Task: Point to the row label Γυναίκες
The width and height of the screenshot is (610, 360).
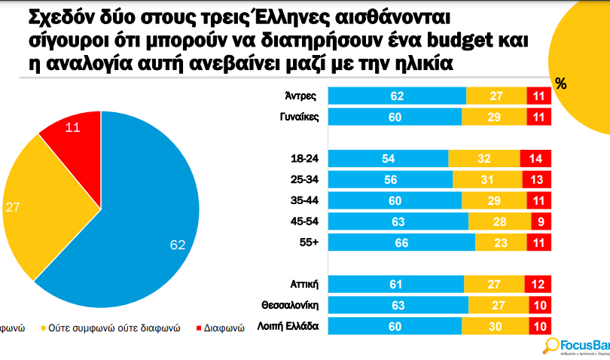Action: pyautogui.click(x=299, y=117)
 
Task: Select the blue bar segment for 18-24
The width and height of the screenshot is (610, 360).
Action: pyautogui.click(x=389, y=159)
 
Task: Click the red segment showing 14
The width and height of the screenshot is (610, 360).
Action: pyautogui.click(x=535, y=159)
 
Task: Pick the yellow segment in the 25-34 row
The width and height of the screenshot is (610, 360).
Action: pyautogui.click(x=487, y=180)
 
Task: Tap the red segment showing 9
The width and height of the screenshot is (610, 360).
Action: pyautogui.click(x=539, y=221)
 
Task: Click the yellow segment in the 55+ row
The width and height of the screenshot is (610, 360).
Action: pyautogui.click(x=501, y=243)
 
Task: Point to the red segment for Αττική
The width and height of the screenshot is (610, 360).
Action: pyautogui.click(x=536, y=284)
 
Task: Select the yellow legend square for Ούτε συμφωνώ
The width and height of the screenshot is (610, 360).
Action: pyautogui.click(x=44, y=328)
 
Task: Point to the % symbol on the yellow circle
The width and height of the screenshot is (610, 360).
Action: pyautogui.click(x=560, y=84)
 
